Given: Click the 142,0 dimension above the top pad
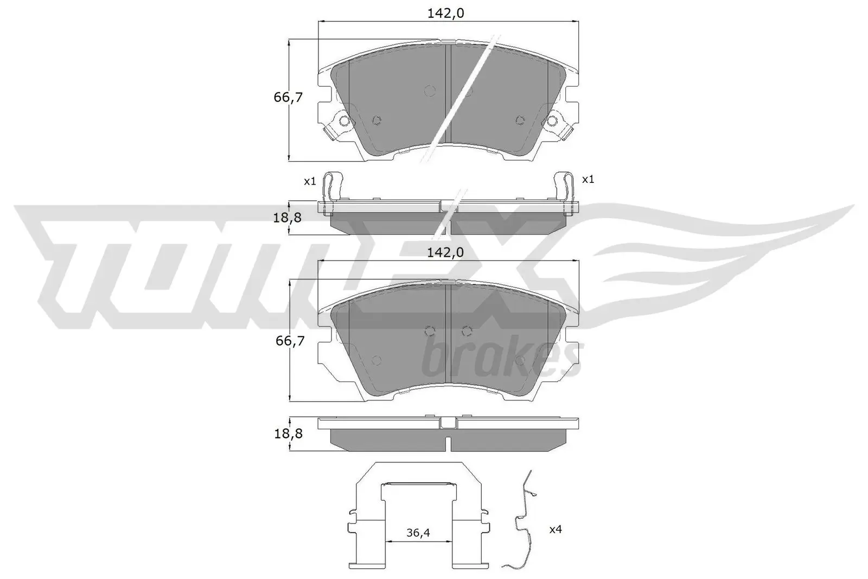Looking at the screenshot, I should [x=445, y=14].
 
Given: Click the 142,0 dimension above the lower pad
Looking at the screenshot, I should [x=445, y=252].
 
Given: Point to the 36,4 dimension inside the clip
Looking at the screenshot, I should [x=418, y=533].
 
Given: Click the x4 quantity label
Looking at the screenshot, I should [x=555, y=529].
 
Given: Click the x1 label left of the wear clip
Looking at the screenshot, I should [x=310, y=181].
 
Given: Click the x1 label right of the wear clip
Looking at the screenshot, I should [x=588, y=179].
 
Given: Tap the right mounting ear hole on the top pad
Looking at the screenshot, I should [x=553, y=120].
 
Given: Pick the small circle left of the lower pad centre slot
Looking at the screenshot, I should [x=430, y=331].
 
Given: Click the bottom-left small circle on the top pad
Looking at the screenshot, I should [x=377, y=120].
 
